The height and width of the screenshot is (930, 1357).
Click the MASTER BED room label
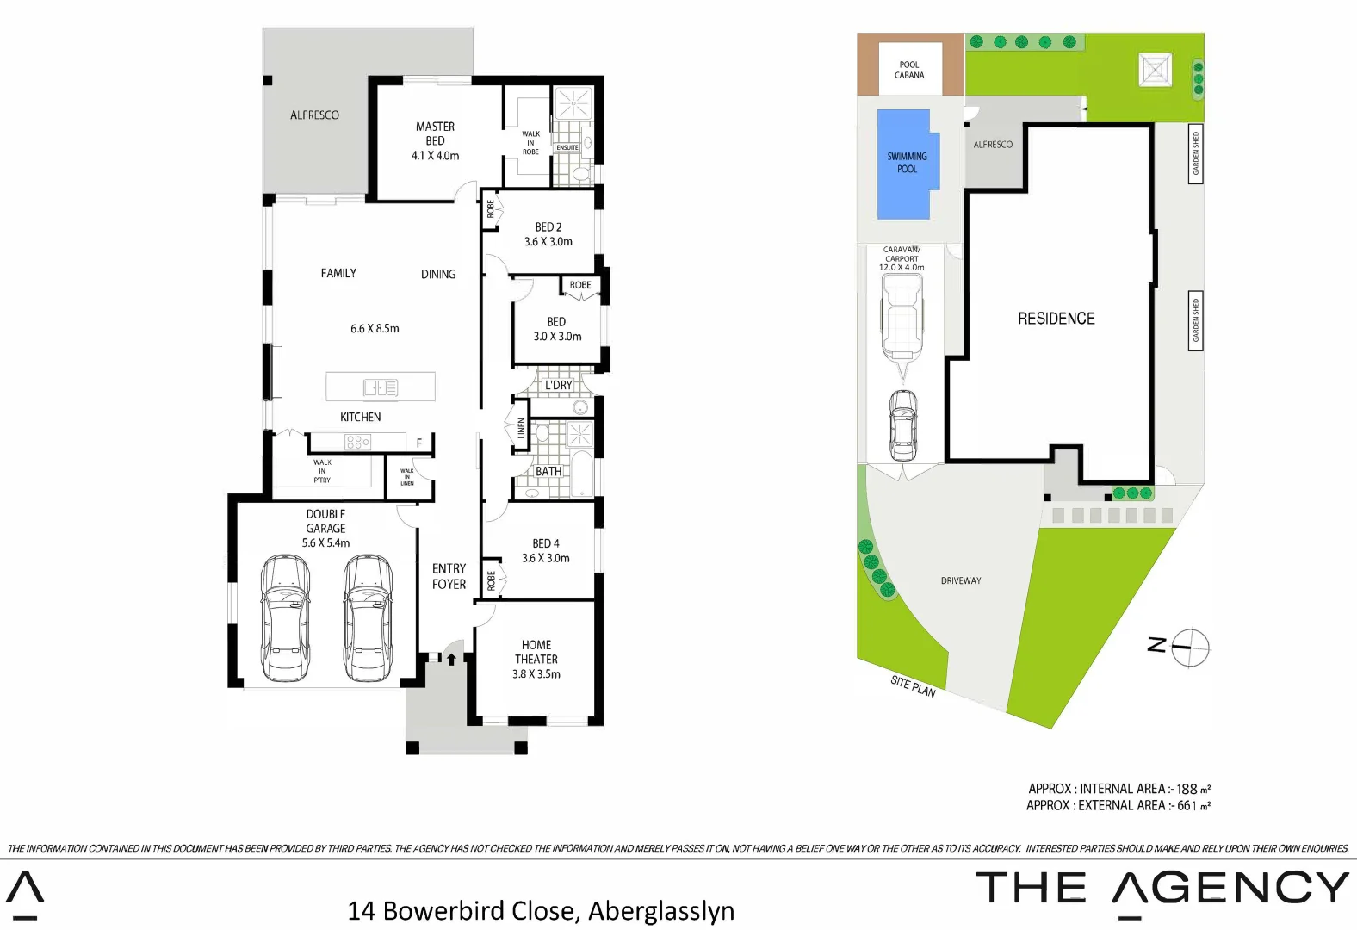[x=435, y=140]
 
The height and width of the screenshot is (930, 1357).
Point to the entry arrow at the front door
[x=451, y=660]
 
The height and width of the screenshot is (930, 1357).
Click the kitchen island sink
[x=380, y=387]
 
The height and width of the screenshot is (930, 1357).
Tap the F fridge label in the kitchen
[x=419, y=443]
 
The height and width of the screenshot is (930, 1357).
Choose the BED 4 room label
[x=546, y=543]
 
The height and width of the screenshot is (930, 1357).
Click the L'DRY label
[x=558, y=385]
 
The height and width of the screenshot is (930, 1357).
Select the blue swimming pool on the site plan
[x=907, y=164]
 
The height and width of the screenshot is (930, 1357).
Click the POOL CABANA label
[x=909, y=70]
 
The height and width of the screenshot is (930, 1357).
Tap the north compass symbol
[x=1190, y=646]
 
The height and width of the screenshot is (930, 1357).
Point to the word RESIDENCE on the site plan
[x=1056, y=319]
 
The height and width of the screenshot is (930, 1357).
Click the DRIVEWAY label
[x=961, y=581]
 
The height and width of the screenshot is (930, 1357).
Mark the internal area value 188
[x=1187, y=789]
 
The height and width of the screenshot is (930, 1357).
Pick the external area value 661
[x=1187, y=806]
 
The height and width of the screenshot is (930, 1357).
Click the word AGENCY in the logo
[x=1231, y=888]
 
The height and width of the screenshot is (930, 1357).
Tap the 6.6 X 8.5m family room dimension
[x=375, y=329]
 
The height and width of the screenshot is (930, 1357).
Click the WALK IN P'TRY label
[x=322, y=471]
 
